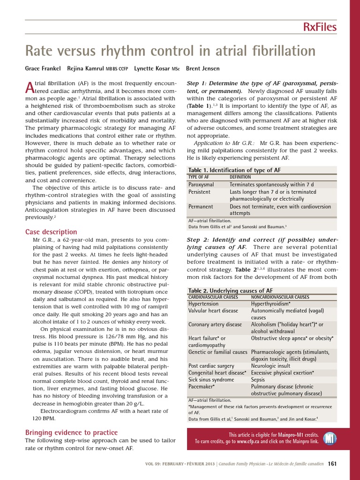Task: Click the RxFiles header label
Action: [x=319, y=27]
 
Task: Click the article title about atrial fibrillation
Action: [x=170, y=51]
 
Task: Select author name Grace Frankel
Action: [x=43, y=68]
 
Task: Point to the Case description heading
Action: [x=51, y=232]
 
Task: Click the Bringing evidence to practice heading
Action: [x=71, y=432]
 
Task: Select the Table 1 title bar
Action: [x=234, y=170]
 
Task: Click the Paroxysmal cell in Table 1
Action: [x=201, y=184]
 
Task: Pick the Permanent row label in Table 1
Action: [x=201, y=206]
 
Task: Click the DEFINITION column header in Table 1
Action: [x=240, y=177]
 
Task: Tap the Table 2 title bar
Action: [x=230, y=291]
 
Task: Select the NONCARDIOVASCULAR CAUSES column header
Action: [x=280, y=297]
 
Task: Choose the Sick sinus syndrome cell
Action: [x=211, y=380]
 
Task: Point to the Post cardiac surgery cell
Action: [x=211, y=366]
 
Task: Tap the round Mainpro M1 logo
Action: [x=331, y=438]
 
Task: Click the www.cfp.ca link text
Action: [x=248, y=442]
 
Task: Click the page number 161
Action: [x=332, y=464]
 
